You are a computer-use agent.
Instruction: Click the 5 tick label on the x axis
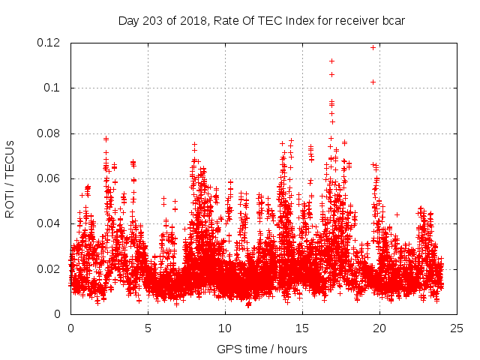[148, 328]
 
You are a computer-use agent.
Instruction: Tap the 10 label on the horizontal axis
[225, 328]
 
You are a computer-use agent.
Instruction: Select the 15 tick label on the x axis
[302, 328]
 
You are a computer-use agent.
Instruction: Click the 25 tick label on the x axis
[457, 328]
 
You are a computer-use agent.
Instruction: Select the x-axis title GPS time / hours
[262, 349]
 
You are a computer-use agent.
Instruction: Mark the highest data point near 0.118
[373, 47]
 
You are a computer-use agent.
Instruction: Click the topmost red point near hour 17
[331, 61]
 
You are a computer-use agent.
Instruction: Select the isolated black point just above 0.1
[373, 82]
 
